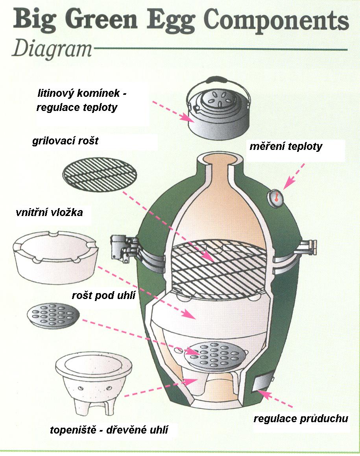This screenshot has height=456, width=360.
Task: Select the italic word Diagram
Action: (52, 50)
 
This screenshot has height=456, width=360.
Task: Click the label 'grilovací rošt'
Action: (65, 141)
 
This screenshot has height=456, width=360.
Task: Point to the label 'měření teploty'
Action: (286, 147)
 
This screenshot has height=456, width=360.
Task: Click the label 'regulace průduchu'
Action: (301, 418)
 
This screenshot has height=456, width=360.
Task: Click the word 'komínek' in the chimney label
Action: (100, 94)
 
